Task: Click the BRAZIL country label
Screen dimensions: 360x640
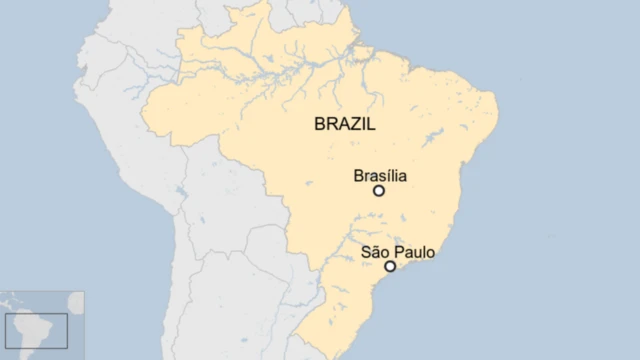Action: (344, 125)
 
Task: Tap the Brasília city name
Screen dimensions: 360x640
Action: (380, 176)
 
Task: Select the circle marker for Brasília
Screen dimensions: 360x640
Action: (379, 190)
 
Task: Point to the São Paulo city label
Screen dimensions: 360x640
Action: (397, 252)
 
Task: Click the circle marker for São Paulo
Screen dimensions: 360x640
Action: (390, 266)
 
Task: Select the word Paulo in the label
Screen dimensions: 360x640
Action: (413, 252)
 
